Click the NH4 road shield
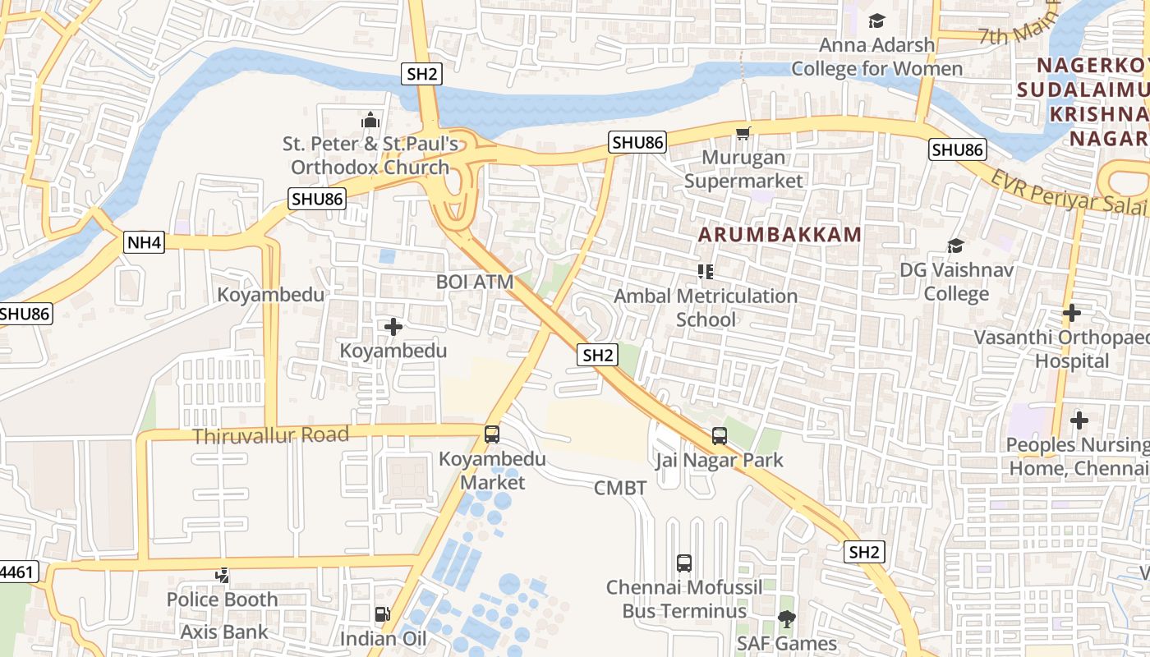145,242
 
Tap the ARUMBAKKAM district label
780,235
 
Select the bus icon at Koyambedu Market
491,434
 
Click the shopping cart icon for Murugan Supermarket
743,133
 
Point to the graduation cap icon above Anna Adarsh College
876,21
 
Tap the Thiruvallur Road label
270,435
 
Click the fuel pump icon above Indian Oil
382,614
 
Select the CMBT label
620,489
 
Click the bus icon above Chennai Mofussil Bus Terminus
683,563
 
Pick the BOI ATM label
475,282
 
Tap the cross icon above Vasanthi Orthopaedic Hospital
1071,313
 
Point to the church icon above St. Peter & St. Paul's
370,121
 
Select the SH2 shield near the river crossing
422,74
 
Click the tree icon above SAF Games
786,619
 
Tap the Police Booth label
222,600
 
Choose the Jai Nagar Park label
720,460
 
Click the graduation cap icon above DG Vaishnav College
955,246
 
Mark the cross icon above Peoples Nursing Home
1079,420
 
